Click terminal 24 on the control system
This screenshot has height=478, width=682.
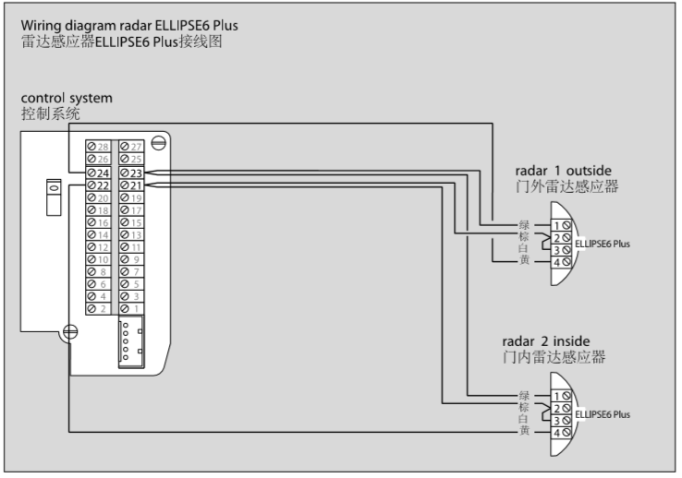coord(98,173)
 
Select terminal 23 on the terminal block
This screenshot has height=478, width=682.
coord(130,173)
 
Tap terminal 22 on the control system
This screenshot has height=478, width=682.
coord(98,185)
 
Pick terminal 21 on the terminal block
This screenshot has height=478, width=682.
coord(130,185)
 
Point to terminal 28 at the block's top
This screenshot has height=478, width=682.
coord(98,147)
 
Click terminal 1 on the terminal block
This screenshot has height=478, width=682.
coord(130,307)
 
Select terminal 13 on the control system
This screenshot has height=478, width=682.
coord(130,234)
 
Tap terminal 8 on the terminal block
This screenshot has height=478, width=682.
coord(98,271)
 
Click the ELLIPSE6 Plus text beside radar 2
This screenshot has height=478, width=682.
coord(603,414)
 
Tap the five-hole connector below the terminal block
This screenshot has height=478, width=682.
coord(129,343)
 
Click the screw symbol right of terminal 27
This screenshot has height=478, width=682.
coord(158,142)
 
